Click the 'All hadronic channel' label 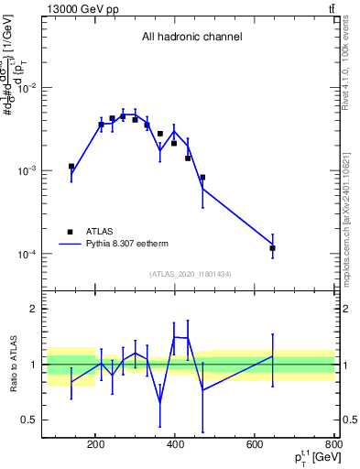[191, 38]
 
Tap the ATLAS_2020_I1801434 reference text [191, 274]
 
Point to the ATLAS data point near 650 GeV [272, 248]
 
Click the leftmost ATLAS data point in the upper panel [71, 167]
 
